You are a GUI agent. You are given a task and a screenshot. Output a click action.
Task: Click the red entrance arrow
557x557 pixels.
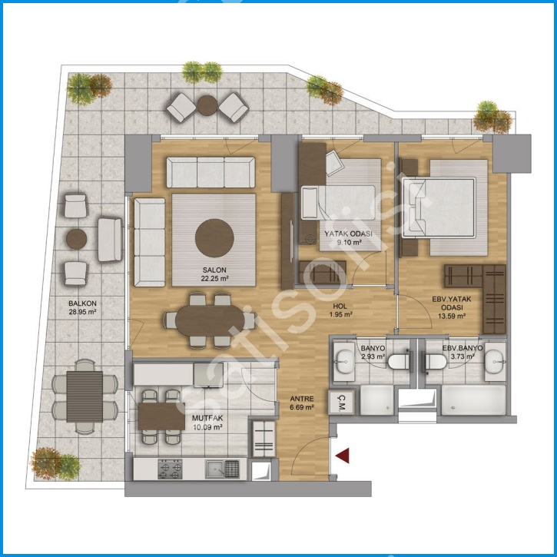343,456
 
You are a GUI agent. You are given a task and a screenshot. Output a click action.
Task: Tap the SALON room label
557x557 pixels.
214,270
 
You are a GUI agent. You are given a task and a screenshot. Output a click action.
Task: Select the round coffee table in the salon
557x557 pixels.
214,238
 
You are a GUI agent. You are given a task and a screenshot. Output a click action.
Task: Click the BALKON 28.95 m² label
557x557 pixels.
82,307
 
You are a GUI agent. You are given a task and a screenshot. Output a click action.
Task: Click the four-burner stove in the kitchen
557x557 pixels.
170,469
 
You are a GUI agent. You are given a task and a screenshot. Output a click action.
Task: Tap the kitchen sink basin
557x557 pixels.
214,469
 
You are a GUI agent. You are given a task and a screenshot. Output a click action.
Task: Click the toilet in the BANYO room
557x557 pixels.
399,362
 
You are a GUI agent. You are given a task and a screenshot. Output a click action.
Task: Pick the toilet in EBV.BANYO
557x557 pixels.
434,362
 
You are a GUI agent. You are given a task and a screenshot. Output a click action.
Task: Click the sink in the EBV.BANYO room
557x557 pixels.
496,362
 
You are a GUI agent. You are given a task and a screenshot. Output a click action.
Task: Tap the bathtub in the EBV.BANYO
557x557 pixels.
473,400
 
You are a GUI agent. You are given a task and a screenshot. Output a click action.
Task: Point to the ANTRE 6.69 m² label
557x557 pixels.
302,403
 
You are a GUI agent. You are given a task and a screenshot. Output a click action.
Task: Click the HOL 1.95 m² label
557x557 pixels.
340,310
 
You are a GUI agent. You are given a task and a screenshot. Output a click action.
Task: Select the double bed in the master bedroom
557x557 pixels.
439,207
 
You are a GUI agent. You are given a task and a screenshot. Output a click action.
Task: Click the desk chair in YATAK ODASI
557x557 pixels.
334,162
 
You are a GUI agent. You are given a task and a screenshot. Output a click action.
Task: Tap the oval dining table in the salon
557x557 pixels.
210,321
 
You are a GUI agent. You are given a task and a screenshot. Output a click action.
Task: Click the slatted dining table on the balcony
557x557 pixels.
85,396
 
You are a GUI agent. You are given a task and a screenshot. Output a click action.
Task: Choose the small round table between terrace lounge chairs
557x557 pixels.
207,105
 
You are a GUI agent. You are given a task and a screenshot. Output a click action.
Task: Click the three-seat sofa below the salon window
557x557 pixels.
211,172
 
